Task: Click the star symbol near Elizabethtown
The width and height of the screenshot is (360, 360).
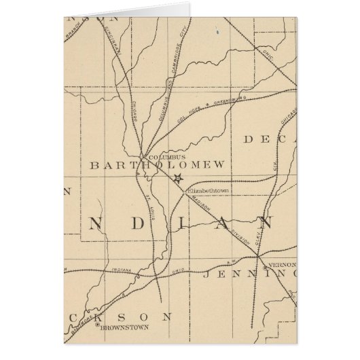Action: click(178, 179)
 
